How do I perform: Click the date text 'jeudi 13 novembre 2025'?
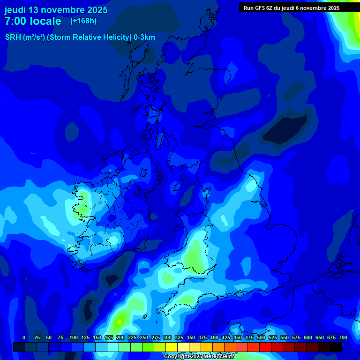[56, 10]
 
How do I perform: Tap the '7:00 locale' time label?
[33, 21]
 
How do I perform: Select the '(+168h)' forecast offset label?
[83, 21]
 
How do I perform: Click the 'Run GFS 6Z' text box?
[291, 8]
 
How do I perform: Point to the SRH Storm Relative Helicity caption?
[80, 37]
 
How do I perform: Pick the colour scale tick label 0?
[24, 337]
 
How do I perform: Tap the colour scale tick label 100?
[74, 337]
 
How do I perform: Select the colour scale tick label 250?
[144, 337]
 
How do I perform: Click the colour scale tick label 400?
[214, 337]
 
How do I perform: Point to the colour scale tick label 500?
[261, 337]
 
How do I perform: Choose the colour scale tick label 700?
[343, 337]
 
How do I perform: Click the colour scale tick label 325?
[179, 337]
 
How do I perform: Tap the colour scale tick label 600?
[308, 337]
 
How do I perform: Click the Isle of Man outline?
[178, 186]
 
